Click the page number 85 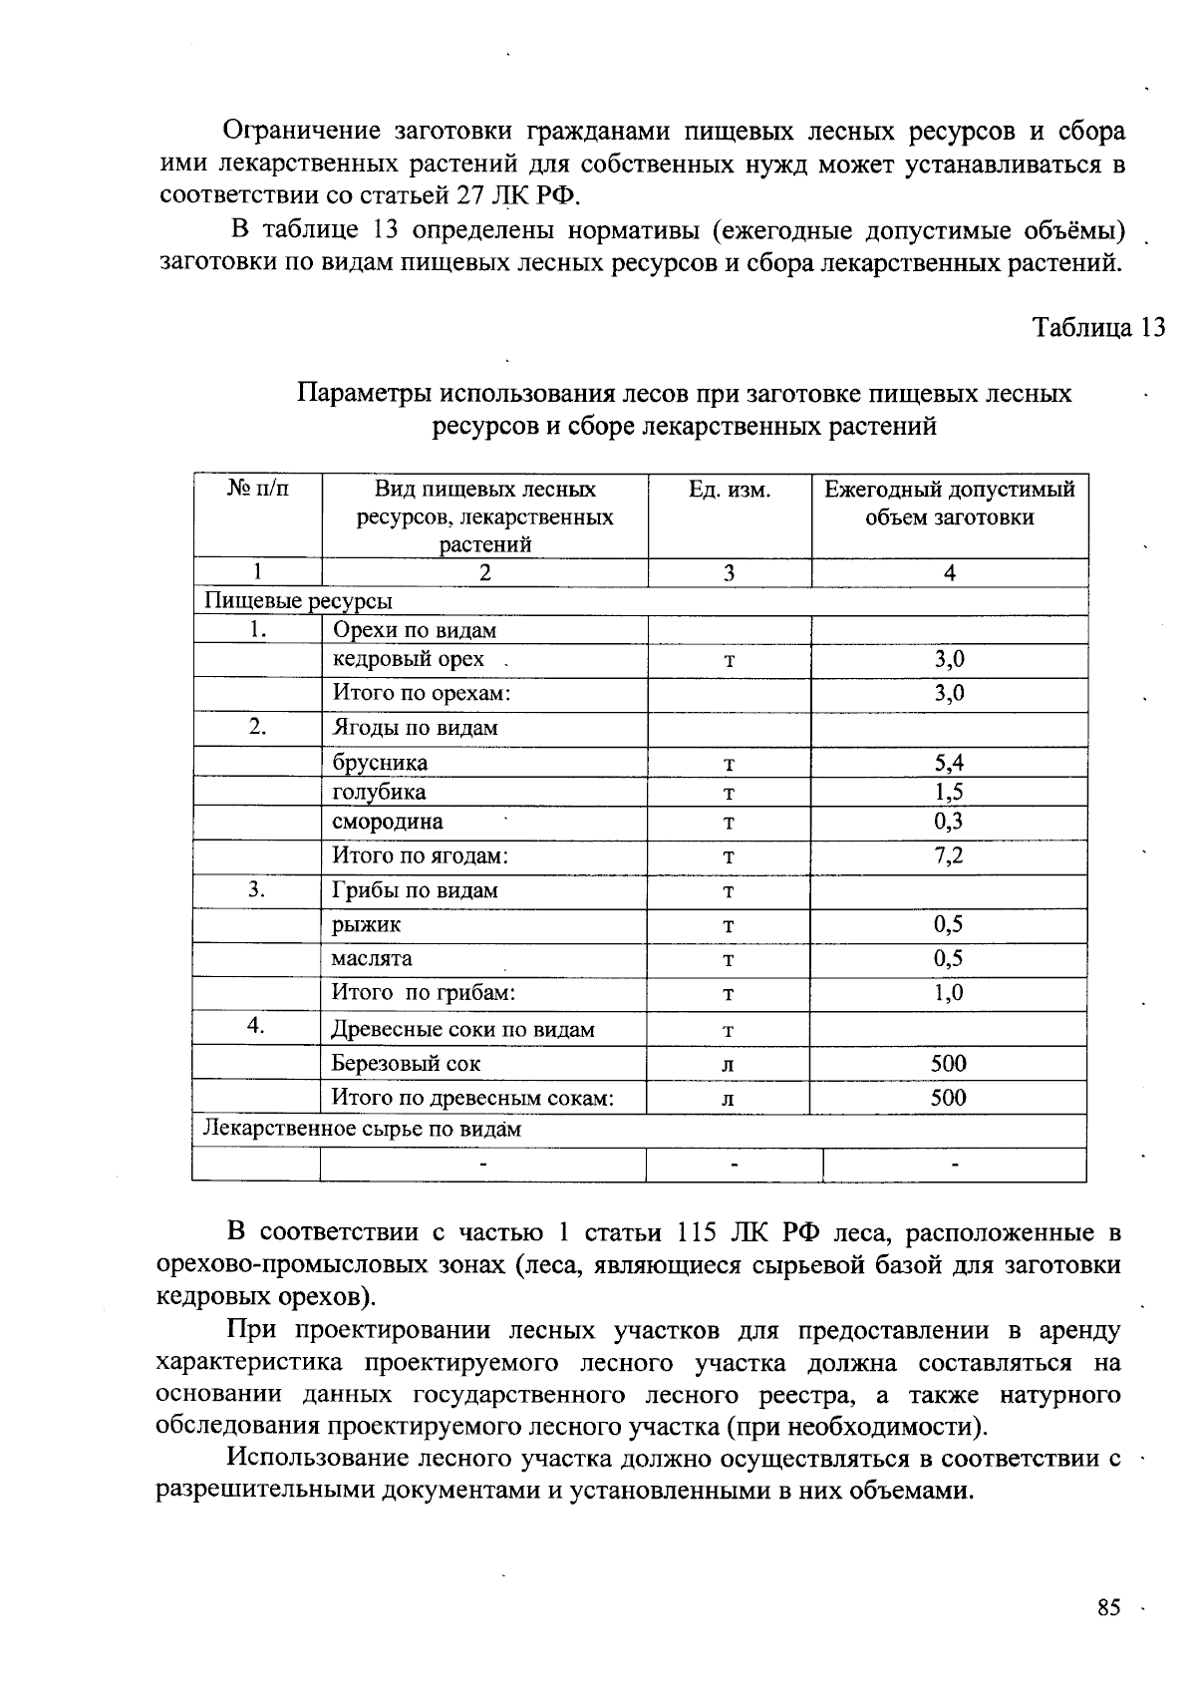[1108, 1608]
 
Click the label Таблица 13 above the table [1098, 328]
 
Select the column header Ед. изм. [730, 490]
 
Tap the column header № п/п [257, 489]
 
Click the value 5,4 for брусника [949, 764]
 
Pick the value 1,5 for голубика [949, 793]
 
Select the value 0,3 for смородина [949, 822]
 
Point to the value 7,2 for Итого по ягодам [949, 855]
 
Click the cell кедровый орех [409, 659]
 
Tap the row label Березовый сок [406, 1064]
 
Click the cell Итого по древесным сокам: [472, 1098]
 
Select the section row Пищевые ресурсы [298, 601]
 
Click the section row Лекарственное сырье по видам [363, 1130]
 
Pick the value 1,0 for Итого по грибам [949, 993]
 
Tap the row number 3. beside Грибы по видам [257, 889]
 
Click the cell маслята [372, 959]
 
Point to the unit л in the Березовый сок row [729, 1065]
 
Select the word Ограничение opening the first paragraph [302, 132]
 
